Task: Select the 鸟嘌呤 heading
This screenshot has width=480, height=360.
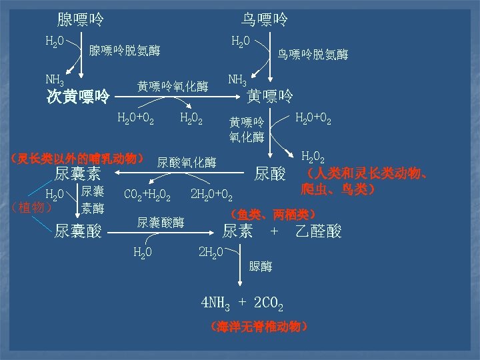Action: click(x=265, y=19)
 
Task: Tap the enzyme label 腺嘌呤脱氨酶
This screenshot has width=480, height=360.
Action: click(x=125, y=51)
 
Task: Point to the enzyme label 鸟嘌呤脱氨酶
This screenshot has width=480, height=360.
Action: click(x=313, y=55)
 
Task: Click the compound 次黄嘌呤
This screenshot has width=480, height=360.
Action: click(x=78, y=97)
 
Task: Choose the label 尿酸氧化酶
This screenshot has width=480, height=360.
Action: click(x=187, y=162)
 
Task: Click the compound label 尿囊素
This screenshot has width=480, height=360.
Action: click(x=77, y=175)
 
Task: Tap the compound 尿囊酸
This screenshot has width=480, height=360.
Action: click(x=77, y=231)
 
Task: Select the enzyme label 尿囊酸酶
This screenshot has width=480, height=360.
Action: click(x=161, y=222)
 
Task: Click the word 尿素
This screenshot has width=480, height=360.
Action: click(x=237, y=231)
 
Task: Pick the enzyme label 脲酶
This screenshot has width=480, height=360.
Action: click(x=261, y=267)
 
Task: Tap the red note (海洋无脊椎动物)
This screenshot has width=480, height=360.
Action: click(x=258, y=327)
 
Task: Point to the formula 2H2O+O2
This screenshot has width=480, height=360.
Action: click(x=211, y=196)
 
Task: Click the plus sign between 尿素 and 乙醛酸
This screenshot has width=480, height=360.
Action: click(x=273, y=231)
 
